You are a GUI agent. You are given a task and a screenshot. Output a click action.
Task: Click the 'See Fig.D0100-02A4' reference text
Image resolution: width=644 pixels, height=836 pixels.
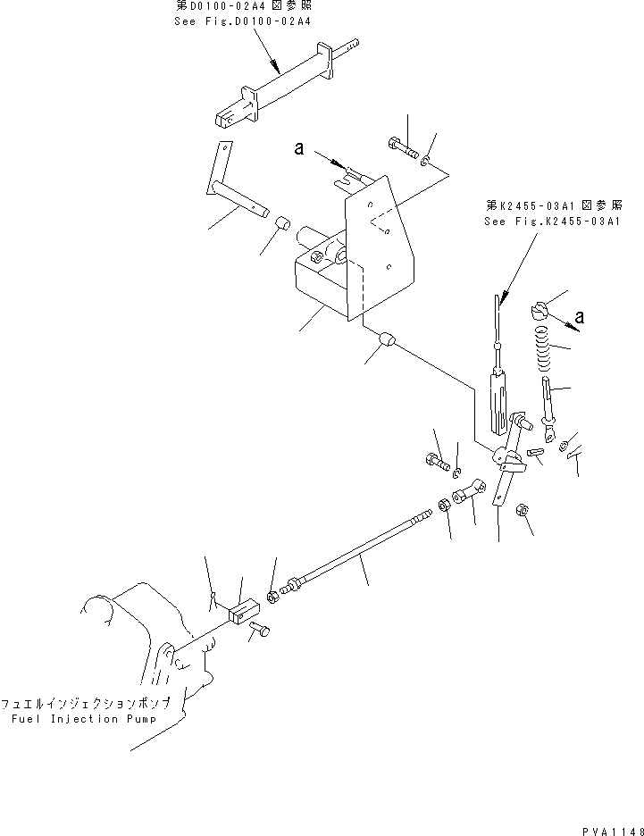243,20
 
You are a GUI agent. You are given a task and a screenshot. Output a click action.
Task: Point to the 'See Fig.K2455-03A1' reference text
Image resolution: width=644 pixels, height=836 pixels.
549,221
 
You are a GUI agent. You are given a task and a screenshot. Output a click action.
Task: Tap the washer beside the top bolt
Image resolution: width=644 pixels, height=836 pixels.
426,162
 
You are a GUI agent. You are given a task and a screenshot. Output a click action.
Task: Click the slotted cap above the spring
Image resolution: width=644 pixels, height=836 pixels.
538,309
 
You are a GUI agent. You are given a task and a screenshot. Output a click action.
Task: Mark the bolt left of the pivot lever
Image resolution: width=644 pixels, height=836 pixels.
436,462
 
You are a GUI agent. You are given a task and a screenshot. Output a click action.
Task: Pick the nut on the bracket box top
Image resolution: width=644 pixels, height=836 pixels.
318,257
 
